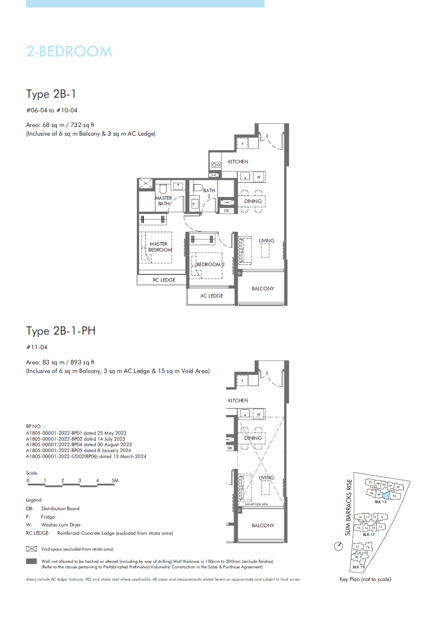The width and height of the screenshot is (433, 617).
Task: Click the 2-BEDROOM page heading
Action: pos(69,51)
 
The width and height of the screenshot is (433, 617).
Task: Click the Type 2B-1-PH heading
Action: pos(61,331)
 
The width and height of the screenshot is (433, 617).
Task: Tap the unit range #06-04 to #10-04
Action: pos(52,110)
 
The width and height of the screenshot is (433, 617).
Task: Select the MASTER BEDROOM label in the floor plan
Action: pos(159,247)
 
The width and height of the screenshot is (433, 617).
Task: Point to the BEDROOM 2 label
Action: pos(210,264)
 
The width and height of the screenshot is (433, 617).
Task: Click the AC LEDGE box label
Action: pos(212,295)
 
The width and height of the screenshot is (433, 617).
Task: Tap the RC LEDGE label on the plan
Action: pos(164,280)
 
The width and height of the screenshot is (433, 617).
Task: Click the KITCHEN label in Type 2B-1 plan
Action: pos(238,161)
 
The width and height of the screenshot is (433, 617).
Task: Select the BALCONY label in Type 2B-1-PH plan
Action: pos(263,525)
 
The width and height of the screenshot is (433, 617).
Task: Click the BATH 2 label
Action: pos(209,193)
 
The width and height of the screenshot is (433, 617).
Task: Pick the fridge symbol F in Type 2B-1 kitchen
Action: pos(242,144)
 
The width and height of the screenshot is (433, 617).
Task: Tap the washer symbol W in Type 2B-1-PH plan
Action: pos(259,414)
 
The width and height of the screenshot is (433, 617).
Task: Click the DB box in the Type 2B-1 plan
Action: pos(226,211)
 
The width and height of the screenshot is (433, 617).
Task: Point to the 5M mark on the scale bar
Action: pos(115,481)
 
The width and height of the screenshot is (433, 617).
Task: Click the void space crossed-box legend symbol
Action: pos(31,549)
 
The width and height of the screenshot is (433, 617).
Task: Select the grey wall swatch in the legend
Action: pos(31,561)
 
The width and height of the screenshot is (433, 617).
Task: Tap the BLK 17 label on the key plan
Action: pos(369,534)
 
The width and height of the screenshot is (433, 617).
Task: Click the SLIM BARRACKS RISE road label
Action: pos(348,507)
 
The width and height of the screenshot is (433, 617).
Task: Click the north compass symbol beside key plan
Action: pos(338,546)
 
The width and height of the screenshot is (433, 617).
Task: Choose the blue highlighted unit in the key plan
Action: pos(386,495)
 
